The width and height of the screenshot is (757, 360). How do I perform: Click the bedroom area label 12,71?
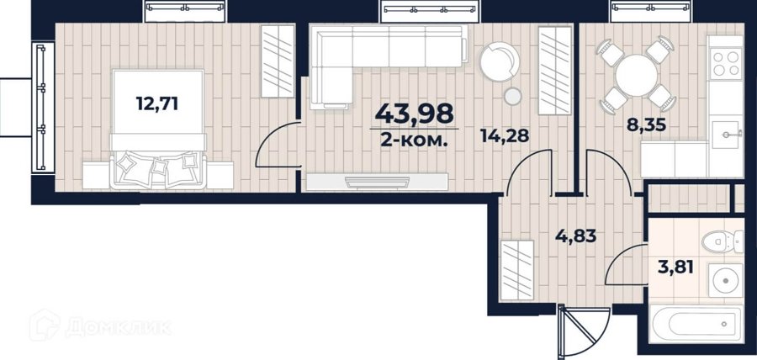tap(157, 103)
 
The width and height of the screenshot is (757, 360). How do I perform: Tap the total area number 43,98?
tap(414, 114)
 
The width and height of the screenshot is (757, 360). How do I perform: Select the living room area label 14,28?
tap(505, 136)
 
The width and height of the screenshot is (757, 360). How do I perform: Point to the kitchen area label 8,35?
tap(646, 124)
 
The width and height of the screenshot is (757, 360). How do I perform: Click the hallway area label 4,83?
tap(575, 236)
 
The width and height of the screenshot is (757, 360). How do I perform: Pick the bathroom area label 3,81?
tap(675, 266)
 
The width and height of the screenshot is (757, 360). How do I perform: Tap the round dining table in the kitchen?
tap(637, 76)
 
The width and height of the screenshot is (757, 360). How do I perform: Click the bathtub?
tap(696, 323)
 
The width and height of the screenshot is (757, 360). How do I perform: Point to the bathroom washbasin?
tap(726, 280)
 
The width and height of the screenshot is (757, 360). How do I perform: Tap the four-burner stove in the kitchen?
tap(726, 64)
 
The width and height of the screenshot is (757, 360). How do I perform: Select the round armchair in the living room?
tap(500, 61)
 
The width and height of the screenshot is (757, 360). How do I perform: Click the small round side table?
tap(513, 97)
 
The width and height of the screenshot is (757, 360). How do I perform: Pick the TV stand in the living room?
tap(377, 182)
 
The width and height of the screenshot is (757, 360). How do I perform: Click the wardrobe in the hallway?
tap(517, 270)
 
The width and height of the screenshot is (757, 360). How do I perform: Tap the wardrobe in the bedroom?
tap(278, 61)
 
